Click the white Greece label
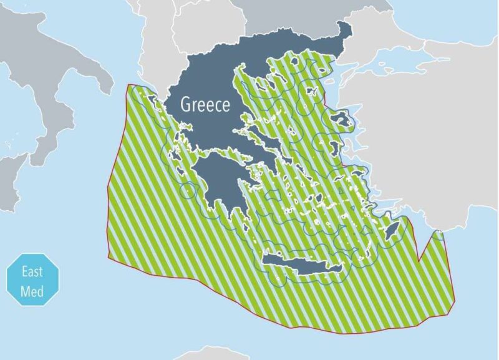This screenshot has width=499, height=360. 205,104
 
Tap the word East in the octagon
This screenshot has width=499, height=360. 32,271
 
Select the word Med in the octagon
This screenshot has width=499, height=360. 32,290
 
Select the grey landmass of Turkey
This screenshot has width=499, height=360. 437,144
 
